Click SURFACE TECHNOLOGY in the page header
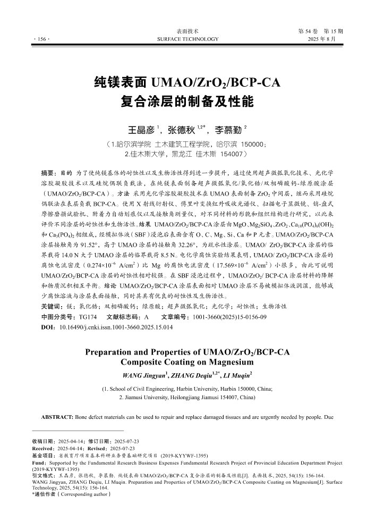point(188,39)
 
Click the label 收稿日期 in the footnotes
point(44,442)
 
